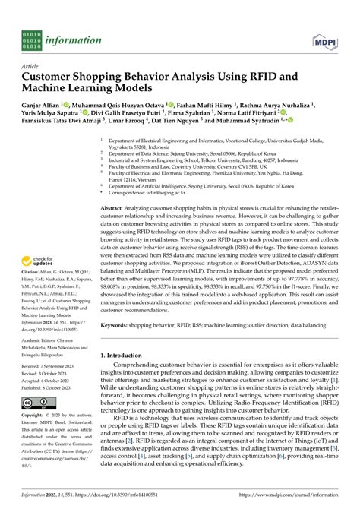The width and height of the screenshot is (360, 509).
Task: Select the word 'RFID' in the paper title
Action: pos(257,77)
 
